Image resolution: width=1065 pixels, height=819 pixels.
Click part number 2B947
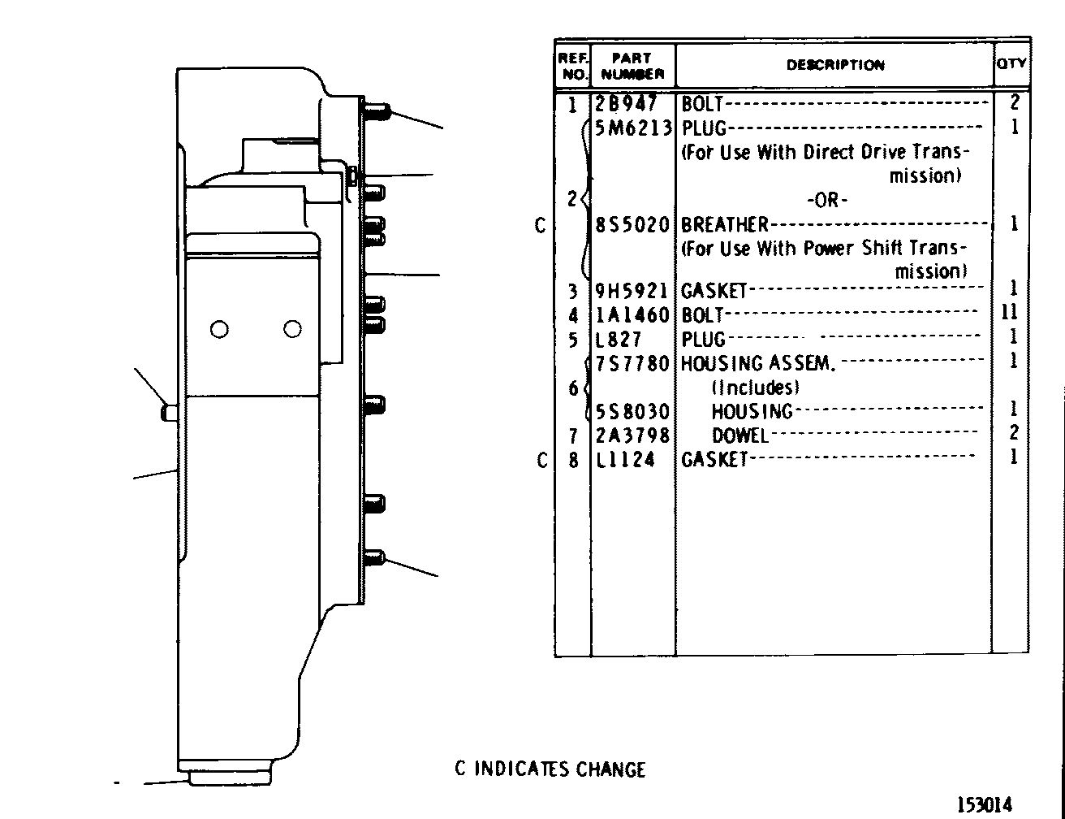click(625, 103)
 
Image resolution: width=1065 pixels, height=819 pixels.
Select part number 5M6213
click(632, 128)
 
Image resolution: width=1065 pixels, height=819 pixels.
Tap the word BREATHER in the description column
click(725, 224)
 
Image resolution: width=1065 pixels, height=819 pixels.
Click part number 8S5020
click(632, 224)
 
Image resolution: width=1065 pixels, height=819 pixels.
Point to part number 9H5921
click(632, 291)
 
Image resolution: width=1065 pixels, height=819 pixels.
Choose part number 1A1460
click(632, 315)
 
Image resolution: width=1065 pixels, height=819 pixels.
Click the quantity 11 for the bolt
click(1011, 311)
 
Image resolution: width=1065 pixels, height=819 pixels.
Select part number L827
click(619, 339)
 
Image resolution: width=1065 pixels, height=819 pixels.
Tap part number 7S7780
click(632, 363)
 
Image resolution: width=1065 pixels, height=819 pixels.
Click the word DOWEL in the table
click(740, 435)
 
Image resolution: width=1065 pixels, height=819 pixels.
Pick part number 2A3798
click(632, 435)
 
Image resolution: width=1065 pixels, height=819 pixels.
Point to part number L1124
click(625, 460)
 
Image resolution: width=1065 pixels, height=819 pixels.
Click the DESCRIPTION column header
click(835, 65)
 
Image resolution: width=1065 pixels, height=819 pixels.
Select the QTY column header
click(1011, 63)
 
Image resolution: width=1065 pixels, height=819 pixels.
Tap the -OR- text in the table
click(827, 200)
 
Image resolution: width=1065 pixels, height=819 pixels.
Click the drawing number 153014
click(984, 804)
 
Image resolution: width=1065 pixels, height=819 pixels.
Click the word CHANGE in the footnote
click(610, 769)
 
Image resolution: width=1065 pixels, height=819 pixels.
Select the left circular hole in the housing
click(219, 329)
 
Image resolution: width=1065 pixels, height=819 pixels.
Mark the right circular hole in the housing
click(292, 328)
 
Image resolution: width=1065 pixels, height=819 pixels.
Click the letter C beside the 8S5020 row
click(540, 226)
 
